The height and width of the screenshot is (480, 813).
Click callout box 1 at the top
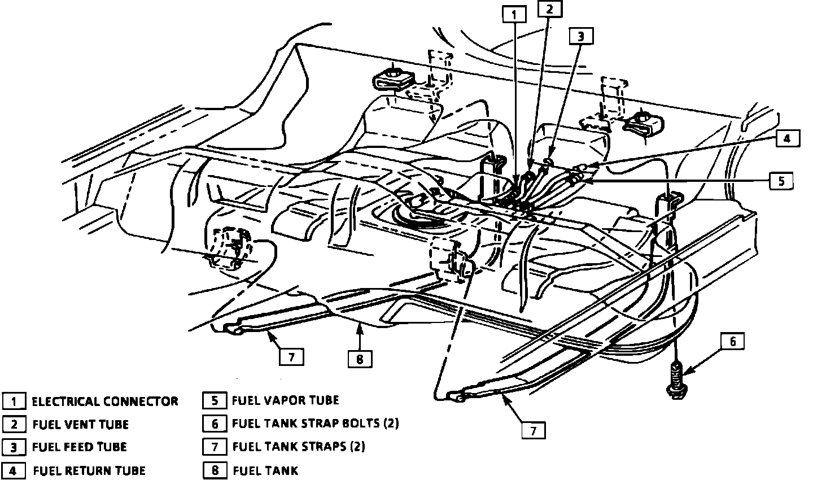tap(514, 15)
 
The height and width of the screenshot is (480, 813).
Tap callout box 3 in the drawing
tap(582, 36)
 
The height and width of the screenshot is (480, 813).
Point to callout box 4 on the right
tap(787, 138)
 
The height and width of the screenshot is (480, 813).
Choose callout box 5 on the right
tap(781, 181)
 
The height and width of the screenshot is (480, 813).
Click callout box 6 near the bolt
tap(733, 342)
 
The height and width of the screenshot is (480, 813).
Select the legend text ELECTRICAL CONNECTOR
tap(105, 402)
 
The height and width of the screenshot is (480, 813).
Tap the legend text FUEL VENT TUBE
tap(81, 425)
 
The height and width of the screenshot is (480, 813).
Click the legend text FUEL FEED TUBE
tap(80, 447)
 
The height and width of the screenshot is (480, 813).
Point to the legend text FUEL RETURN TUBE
tap(89, 470)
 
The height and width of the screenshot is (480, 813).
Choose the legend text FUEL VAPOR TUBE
tap(285, 400)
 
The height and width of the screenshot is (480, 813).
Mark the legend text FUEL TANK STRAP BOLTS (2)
tap(316, 423)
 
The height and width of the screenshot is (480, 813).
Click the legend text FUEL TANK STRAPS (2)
tap(299, 447)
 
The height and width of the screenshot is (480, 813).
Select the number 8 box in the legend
tap(215, 470)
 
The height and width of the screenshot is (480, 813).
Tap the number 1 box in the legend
tap(14, 402)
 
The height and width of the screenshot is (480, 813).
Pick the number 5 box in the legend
tap(215, 400)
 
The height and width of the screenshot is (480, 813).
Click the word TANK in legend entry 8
tap(282, 470)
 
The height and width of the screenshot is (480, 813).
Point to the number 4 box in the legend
tap(14, 470)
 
